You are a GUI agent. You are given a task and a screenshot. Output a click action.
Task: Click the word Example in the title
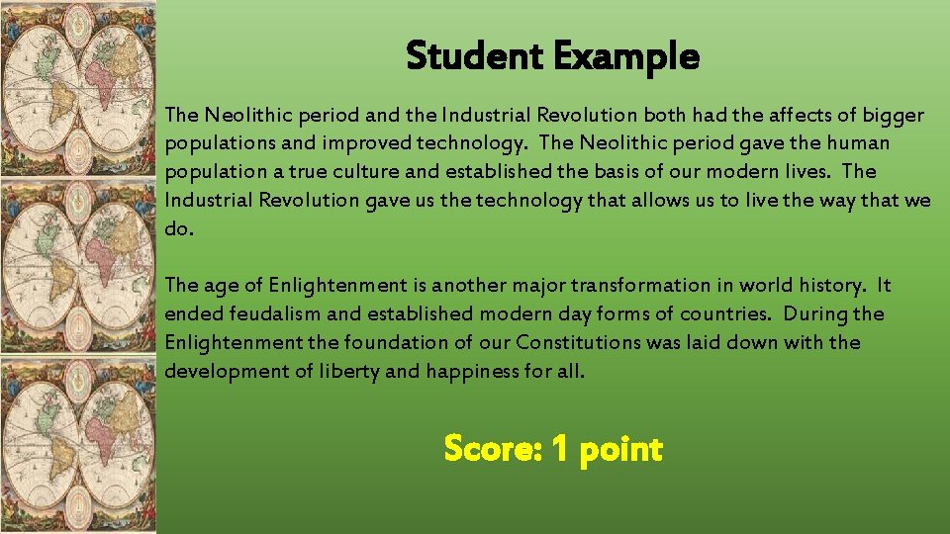click(625, 56)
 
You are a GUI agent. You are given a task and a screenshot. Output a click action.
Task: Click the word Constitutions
click(578, 343)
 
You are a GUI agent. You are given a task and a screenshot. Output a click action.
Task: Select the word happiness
click(476, 372)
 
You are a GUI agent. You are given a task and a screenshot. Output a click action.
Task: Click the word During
click(817, 314)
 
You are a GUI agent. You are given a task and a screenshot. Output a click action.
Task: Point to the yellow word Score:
click(492, 450)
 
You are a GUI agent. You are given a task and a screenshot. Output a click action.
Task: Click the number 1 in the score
click(559, 450)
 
